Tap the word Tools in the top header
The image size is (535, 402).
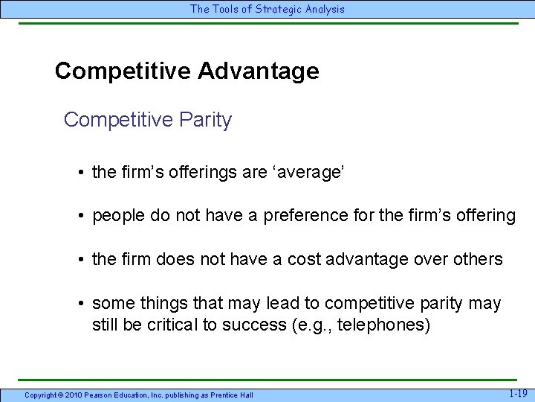pos(224,9)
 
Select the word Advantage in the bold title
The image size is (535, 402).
pos(259,71)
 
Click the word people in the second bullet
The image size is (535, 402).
pos(116,217)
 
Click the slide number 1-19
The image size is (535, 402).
pos(519,393)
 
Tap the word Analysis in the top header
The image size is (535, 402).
pos(323,9)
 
